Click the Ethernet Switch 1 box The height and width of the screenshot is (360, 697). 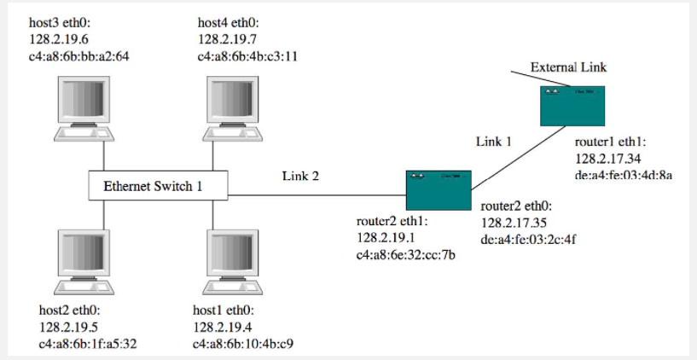(x=160, y=185)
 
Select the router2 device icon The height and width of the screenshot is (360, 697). (x=438, y=189)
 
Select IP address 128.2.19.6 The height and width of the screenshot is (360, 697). (x=56, y=39)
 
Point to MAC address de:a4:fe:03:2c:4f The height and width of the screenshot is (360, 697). (x=529, y=240)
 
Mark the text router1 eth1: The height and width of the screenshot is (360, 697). (x=611, y=142)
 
